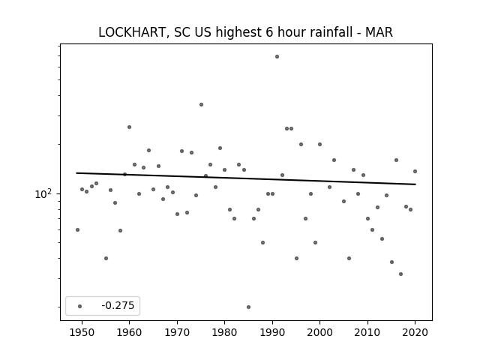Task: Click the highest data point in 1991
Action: pyautogui.click(x=277, y=57)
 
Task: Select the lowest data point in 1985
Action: pyautogui.click(x=248, y=307)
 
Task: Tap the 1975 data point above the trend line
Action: pyautogui.click(x=201, y=105)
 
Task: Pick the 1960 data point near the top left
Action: pyautogui.click(x=129, y=127)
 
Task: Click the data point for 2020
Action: pyautogui.click(x=415, y=172)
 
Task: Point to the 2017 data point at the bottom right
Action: pyautogui.click(x=400, y=274)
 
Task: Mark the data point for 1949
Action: pyautogui.click(x=77, y=230)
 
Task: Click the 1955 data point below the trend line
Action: pyautogui.click(x=106, y=258)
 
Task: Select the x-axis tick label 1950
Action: pyautogui.click(x=82, y=332)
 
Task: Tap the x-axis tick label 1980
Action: pyautogui.click(x=224, y=332)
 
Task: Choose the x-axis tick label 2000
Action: pyautogui.click(x=320, y=332)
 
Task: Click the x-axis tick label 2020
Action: pyautogui.click(x=415, y=332)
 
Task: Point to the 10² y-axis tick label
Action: pyautogui.click(x=45, y=194)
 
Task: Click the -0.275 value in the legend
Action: pyautogui.click(x=118, y=305)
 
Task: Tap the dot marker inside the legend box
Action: pyautogui.click(x=80, y=306)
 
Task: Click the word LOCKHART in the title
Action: pyautogui.click(x=133, y=32)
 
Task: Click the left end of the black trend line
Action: pyautogui.click(x=76, y=173)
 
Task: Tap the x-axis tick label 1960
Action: pyautogui.click(x=129, y=332)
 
